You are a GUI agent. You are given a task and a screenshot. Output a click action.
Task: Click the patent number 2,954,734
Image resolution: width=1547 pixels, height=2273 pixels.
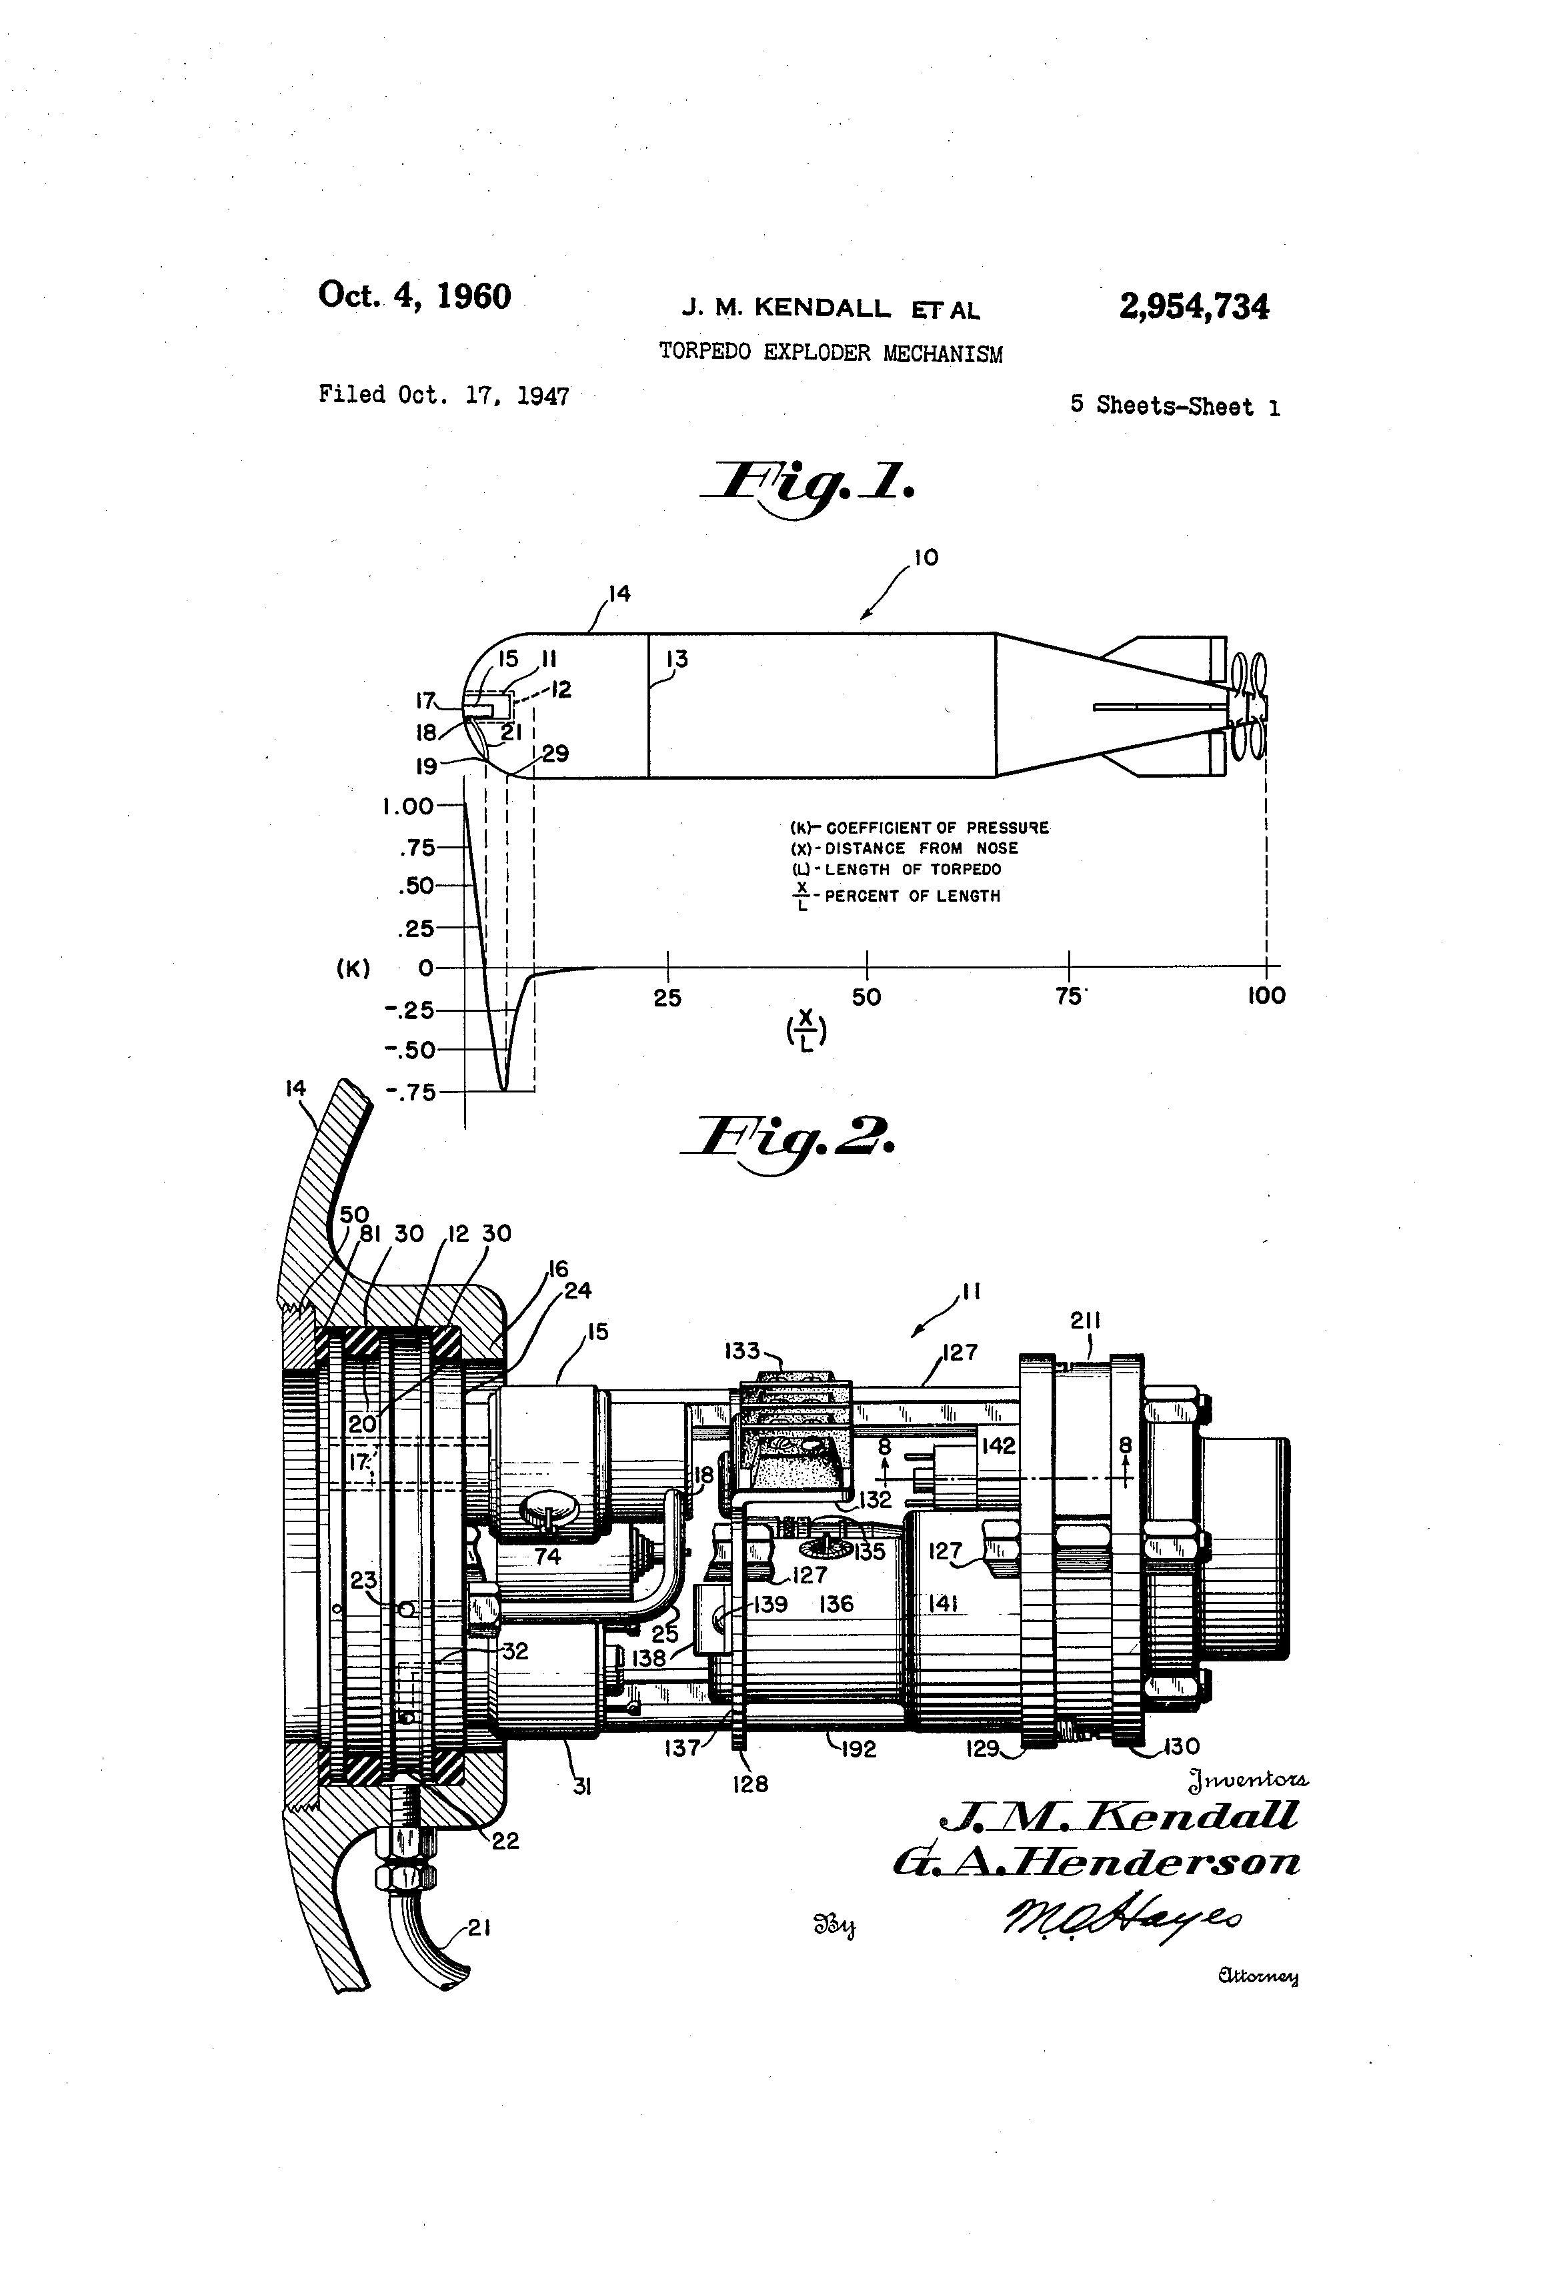(x=1194, y=307)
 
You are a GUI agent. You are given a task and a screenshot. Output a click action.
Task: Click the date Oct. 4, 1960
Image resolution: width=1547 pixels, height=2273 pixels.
(x=415, y=295)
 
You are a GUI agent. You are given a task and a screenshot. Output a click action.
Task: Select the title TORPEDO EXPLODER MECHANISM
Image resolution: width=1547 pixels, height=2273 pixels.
(x=830, y=352)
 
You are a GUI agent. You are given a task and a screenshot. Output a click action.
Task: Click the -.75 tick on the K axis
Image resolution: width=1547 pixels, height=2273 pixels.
(x=411, y=1092)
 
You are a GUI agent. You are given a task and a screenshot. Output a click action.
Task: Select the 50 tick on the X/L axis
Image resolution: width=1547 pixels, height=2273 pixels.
(x=866, y=996)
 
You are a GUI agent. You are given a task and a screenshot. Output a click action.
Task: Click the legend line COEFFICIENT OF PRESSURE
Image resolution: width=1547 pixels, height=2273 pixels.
(x=920, y=828)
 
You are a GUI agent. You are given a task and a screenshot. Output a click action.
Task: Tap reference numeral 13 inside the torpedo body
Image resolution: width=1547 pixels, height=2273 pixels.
(x=677, y=659)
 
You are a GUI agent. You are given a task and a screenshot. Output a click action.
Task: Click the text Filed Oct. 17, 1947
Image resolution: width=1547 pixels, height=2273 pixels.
(x=444, y=395)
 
